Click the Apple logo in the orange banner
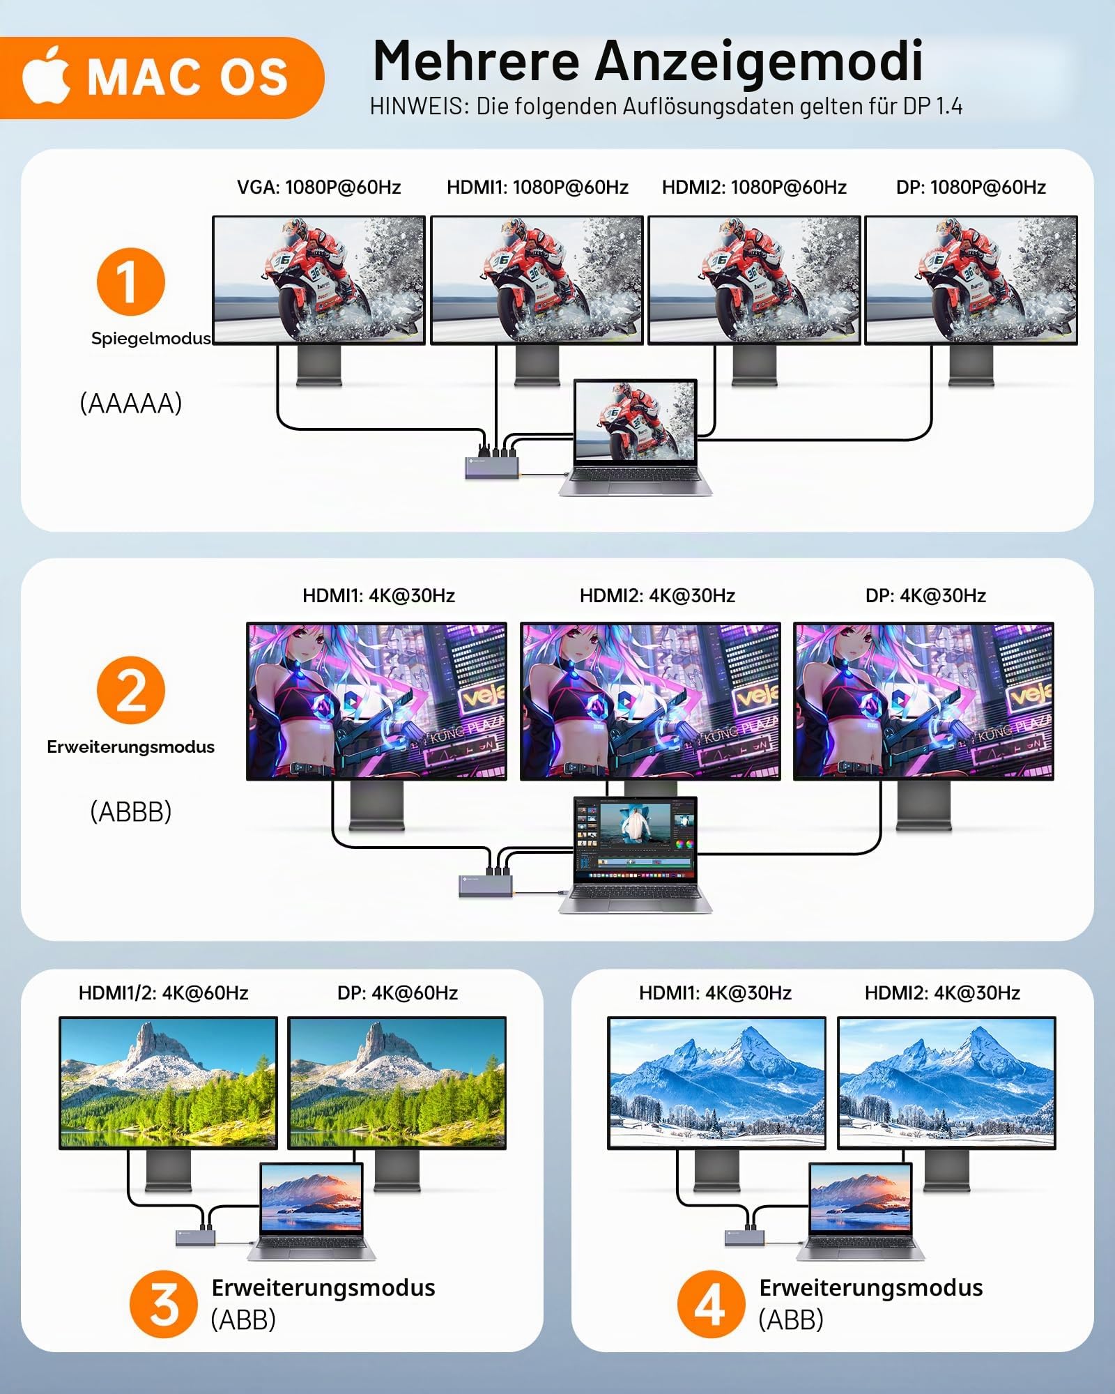point(46,75)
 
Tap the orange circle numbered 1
point(130,282)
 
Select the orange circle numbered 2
point(130,690)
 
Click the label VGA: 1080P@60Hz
point(318,187)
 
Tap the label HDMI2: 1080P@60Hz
point(754,187)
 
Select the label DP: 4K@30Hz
point(925,595)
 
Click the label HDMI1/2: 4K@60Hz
point(163,993)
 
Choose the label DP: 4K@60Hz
point(397,993)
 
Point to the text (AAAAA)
point(131,403)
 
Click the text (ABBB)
point(131,811)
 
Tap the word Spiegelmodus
point(151,338)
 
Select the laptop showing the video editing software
point(635,855)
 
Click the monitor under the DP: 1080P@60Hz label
point(971,300)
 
